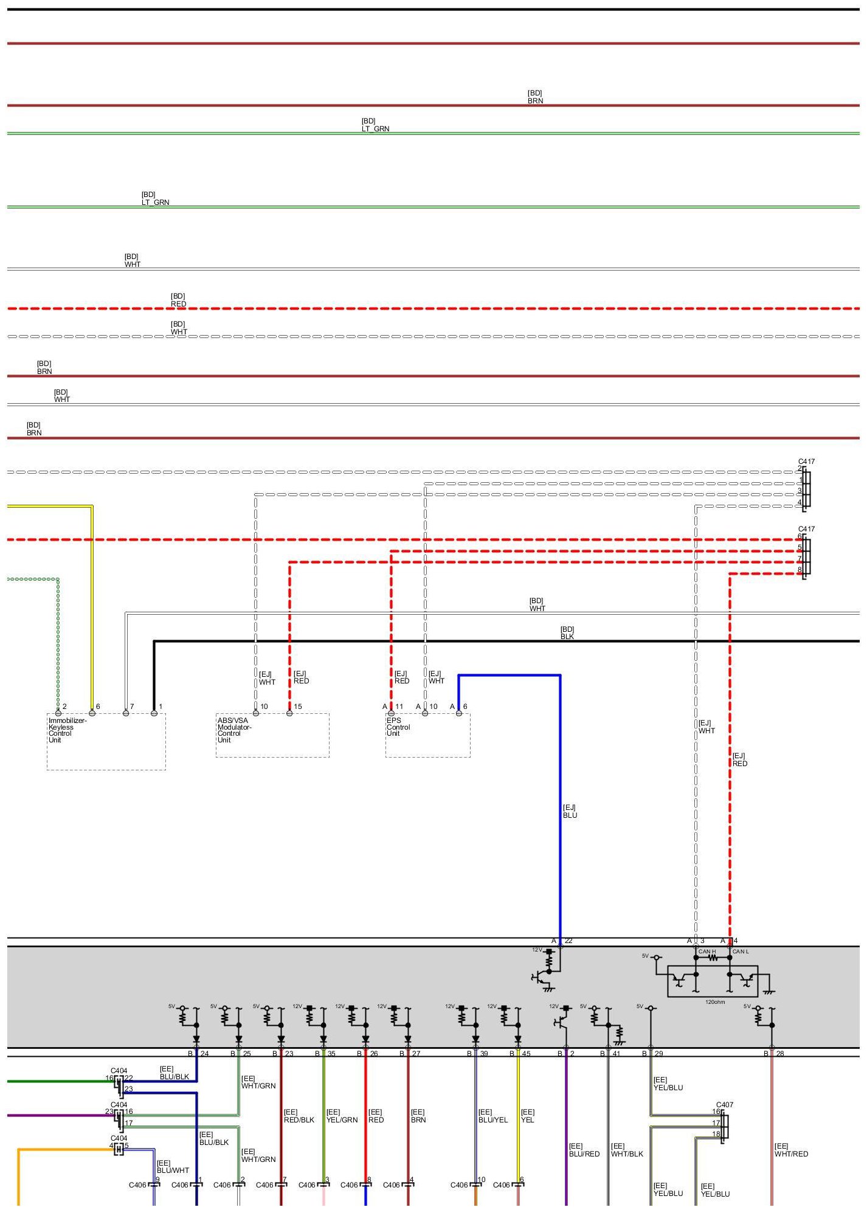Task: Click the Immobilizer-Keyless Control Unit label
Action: point(67,730)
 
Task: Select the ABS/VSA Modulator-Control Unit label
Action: point(234,730)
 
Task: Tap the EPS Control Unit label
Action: point(398,727)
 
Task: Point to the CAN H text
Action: point(707,952)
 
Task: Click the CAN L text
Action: point(741,952)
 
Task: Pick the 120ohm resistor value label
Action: point(715,1002)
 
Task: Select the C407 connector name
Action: point(725,1105)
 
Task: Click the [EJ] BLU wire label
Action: point(570,812)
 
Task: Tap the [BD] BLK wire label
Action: point(567,633)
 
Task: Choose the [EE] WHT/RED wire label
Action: point(791,1150)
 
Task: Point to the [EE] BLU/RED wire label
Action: point(584,1150)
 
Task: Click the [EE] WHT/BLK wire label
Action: point(627,1150)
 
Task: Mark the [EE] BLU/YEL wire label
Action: point(492,1116)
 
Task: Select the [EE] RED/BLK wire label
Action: point(299,1116)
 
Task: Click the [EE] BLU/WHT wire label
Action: point(173,1166)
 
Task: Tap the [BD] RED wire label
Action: point(178,300)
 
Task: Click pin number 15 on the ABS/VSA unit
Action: point(298,707)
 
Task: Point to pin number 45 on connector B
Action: point(526,1054)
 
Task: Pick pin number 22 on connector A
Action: point(568,941)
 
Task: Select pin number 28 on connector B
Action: point(780,1054)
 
